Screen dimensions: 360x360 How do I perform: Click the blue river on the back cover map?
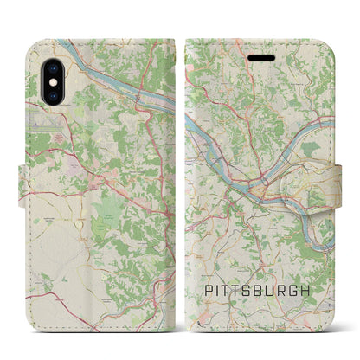(104, 78)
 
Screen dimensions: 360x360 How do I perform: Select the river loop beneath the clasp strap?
(324, 216)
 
